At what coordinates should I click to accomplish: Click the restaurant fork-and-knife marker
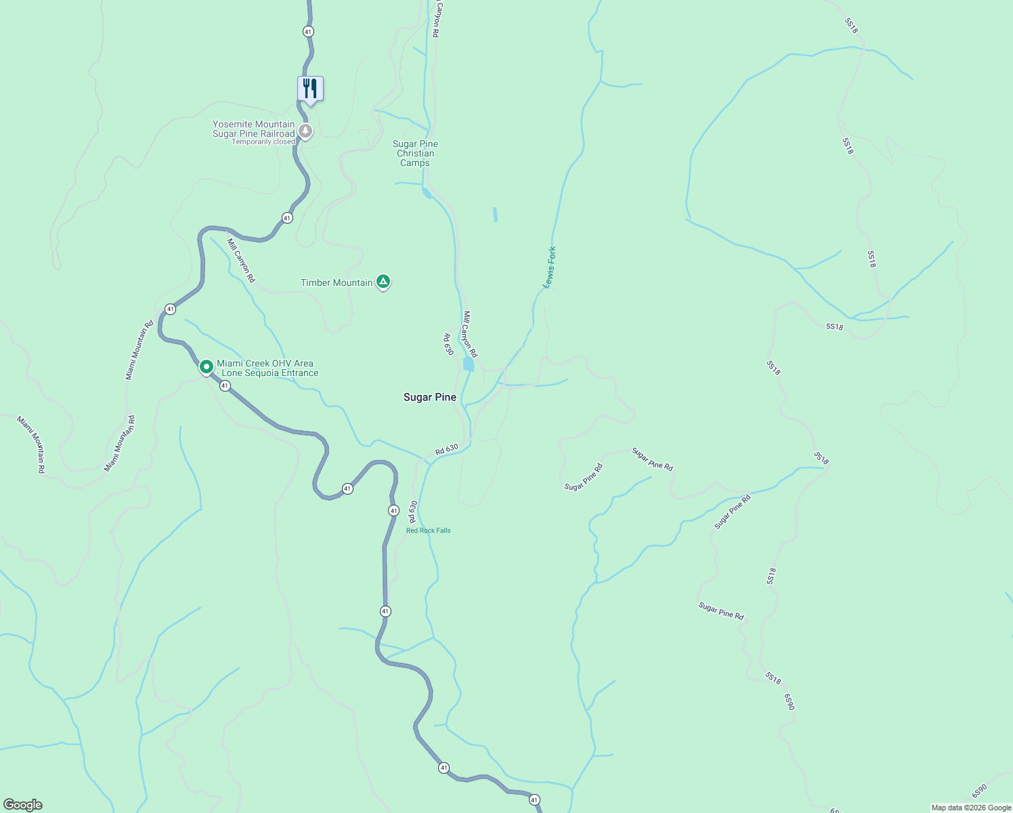(310, 89)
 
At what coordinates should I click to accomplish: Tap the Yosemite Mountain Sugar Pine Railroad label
(254, 129)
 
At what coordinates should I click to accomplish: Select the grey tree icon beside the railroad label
(305, 131)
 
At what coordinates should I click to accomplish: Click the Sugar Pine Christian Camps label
(415, 154)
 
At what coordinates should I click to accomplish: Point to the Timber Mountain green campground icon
(383, 282)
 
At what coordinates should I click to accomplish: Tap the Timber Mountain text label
(337, 283)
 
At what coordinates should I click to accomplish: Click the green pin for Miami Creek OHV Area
(207, 367)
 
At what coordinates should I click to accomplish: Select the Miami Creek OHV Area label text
(267, 369)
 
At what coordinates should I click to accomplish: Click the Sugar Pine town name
(430, 397)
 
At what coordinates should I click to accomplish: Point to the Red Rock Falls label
(428, 530)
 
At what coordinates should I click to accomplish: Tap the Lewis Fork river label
(551, 268)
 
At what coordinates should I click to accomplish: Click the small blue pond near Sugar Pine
(468, 364)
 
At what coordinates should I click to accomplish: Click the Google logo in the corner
(22, 805)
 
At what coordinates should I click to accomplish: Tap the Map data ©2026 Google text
(971, 808)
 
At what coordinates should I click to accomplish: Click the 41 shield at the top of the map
(308, 31)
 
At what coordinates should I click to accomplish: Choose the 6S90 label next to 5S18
(790, 702)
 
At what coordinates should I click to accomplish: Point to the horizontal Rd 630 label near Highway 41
(446, 449)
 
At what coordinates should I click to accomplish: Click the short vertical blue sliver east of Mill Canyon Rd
(496, 215)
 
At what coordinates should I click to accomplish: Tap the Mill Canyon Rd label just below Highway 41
(241, 260)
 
